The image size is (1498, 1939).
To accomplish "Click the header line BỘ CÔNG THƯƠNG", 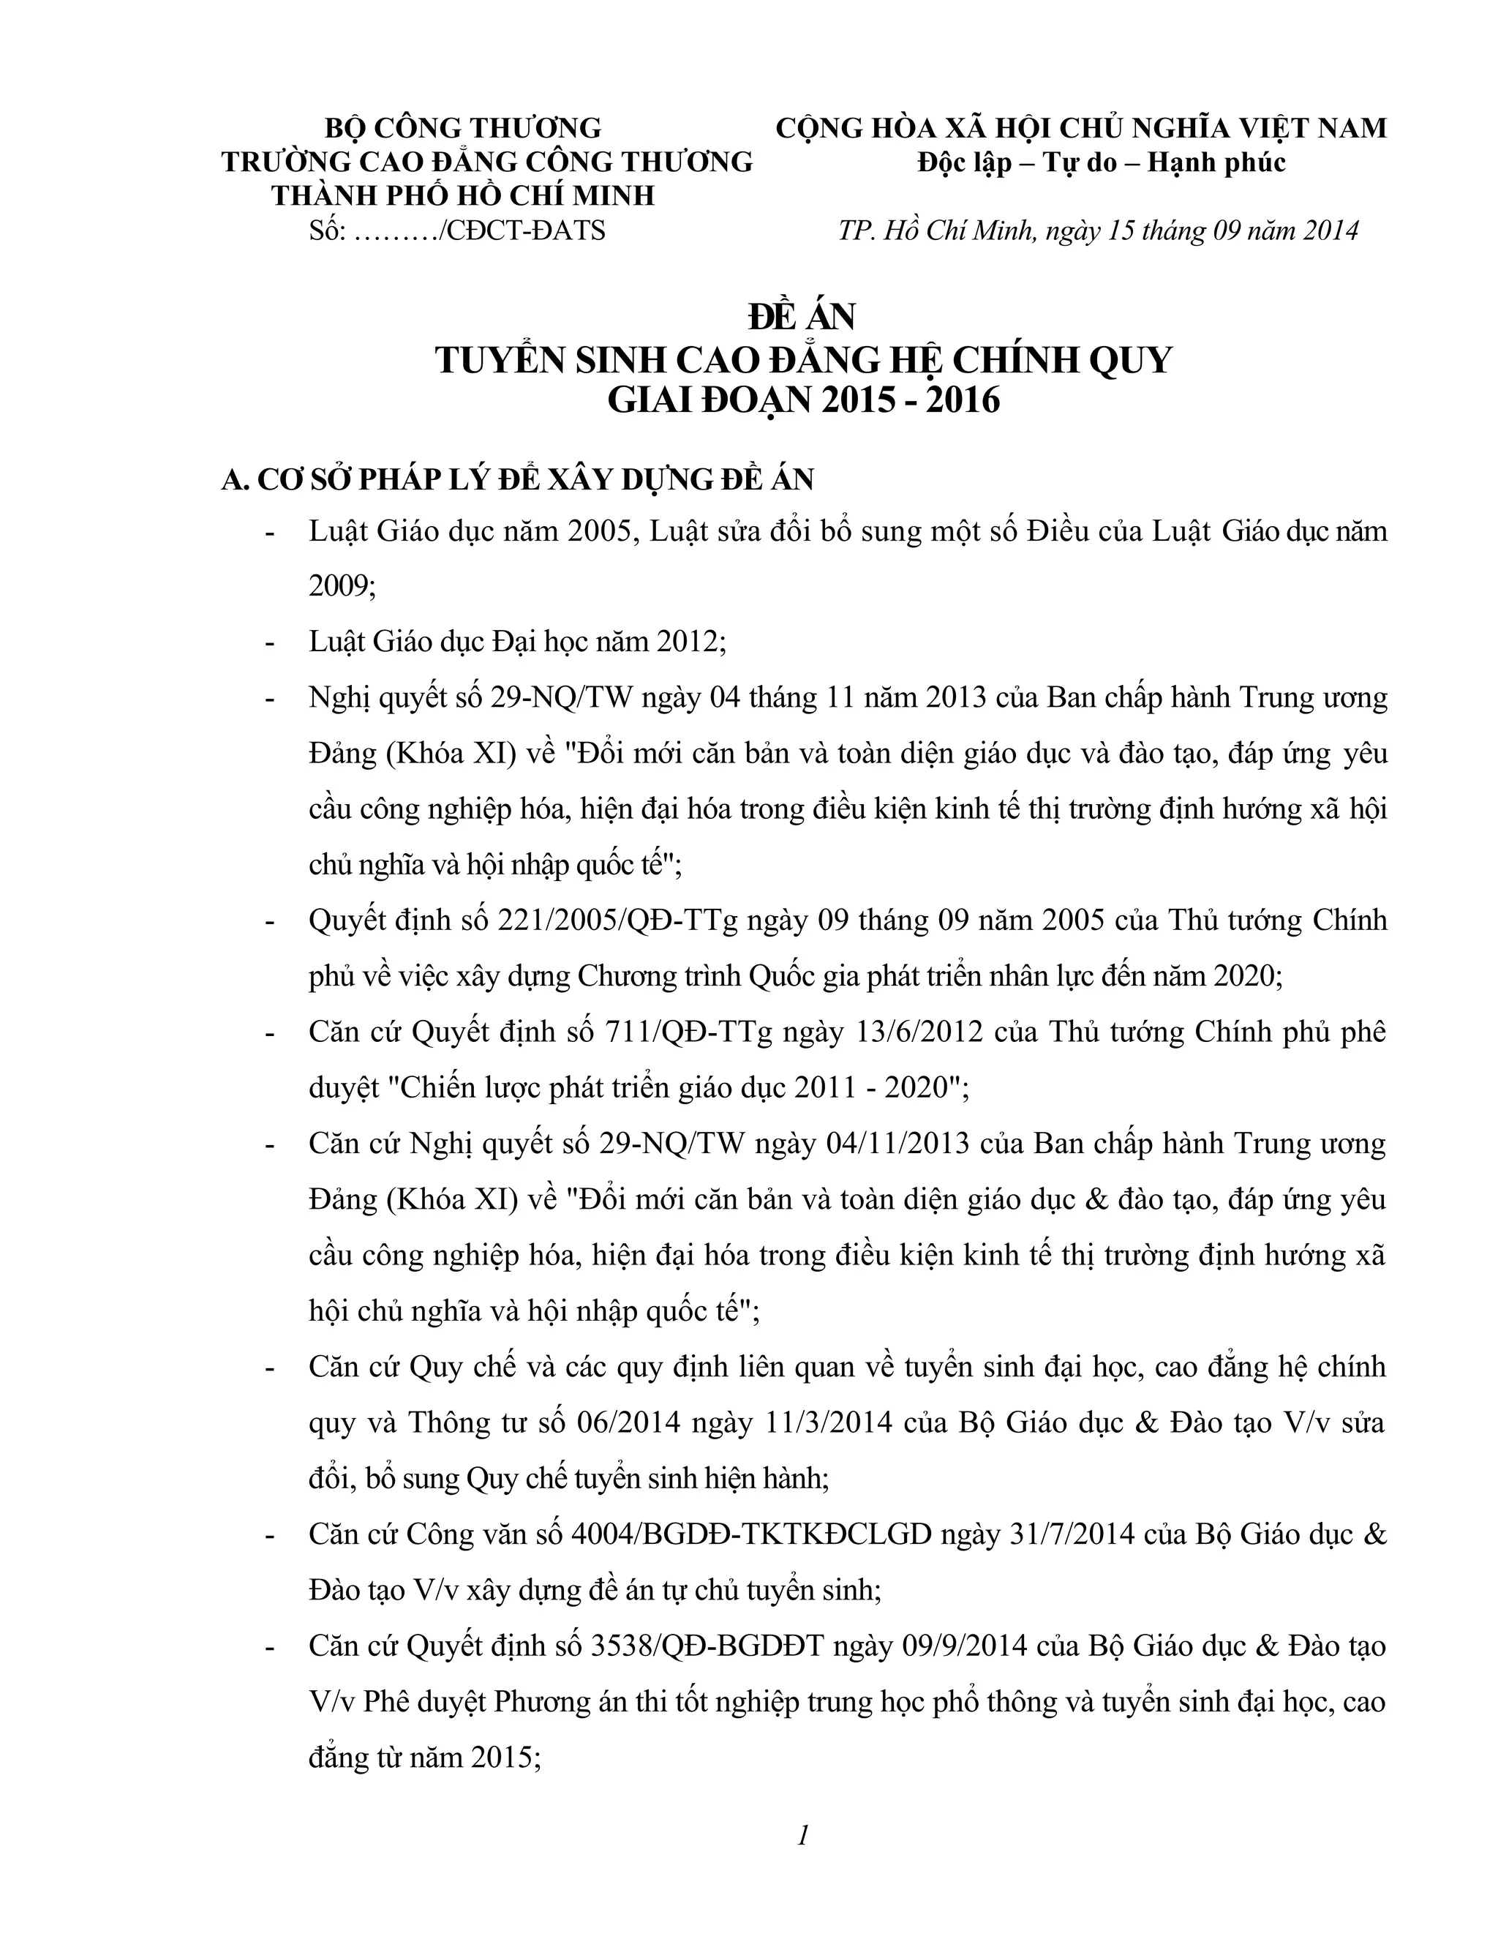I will (462, 128).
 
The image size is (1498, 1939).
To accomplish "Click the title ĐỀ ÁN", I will (802, 317).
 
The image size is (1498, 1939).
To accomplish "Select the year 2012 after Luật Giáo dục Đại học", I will (690, 641).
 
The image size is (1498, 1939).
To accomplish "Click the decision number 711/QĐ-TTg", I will (677, 1032).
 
